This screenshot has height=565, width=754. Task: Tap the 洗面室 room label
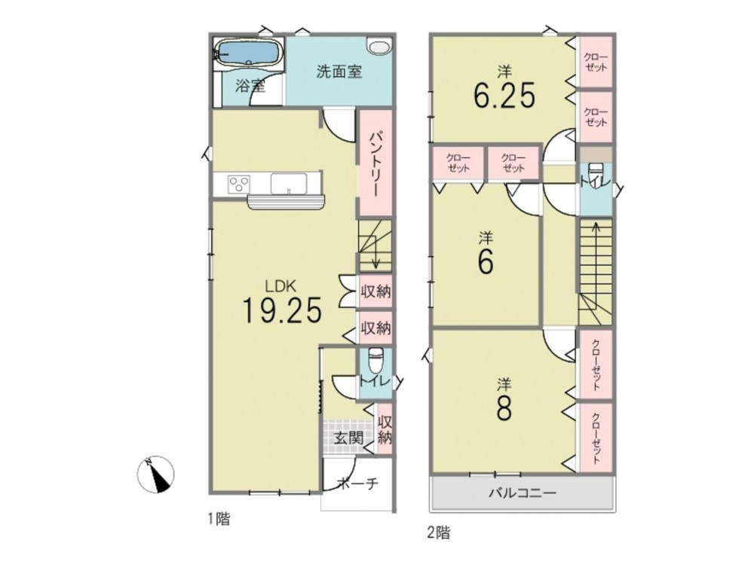[339, 72]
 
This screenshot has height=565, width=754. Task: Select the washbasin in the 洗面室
[380, 46]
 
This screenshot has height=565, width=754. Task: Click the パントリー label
[375, 164]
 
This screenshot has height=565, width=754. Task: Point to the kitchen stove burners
[239, 184]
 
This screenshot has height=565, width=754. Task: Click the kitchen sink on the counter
[289, 184]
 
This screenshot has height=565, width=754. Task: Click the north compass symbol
[155, 474]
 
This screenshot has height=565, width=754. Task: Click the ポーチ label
[357, 482]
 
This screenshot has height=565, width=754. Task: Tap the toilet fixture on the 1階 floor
[375, 359]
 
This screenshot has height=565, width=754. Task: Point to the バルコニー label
[523, 493]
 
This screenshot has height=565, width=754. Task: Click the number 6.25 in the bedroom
[504, 96]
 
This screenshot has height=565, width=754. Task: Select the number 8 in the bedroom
[504, 408]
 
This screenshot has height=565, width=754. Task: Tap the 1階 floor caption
[219, 519]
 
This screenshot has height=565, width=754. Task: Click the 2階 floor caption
[439, 533]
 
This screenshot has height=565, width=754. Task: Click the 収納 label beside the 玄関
[385, 429]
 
